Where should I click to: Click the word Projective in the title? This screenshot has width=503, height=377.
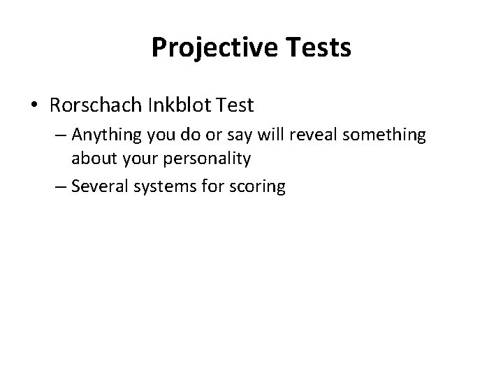(204, 48)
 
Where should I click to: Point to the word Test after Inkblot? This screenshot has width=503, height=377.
(235, 105)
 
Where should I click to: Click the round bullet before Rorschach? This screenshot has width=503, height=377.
(34, 106)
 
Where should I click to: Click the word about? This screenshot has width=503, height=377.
(93, 158)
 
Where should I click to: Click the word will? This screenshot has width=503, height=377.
(269, 135)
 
